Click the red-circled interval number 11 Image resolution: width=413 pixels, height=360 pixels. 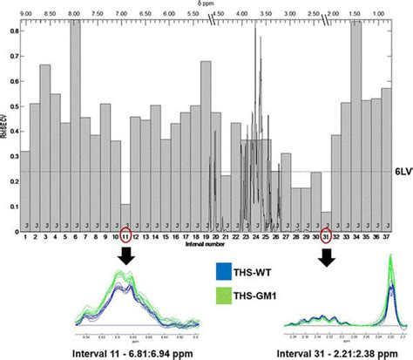(125, 237)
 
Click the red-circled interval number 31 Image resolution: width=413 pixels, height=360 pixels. (326, 237)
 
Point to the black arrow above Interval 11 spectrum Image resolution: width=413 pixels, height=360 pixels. (125, 256)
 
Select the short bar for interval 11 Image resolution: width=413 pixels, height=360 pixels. (125, 217)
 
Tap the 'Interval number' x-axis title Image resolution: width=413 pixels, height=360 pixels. (202, 244)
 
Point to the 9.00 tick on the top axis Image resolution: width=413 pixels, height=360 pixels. (26, 13)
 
